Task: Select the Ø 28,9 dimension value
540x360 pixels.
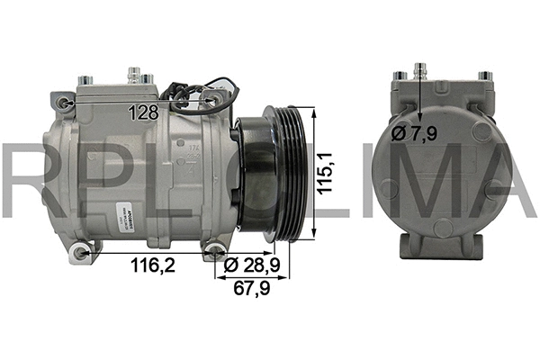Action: (254, 267)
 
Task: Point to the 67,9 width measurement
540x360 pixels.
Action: (254, 289)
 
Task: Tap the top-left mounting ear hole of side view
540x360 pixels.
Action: (62, 102)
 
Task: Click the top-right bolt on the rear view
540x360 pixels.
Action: (484, 76)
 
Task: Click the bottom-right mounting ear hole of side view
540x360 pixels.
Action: (216, 249)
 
